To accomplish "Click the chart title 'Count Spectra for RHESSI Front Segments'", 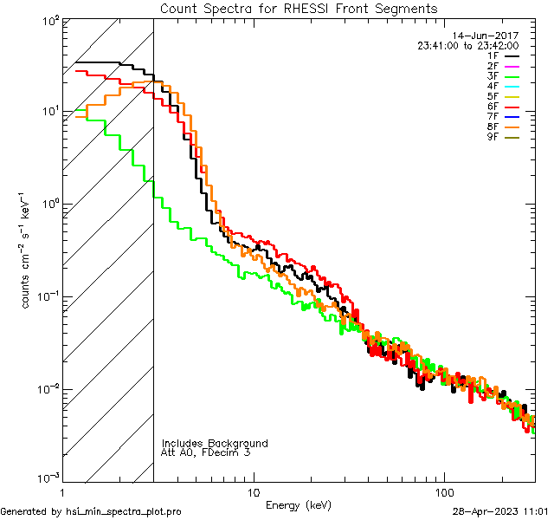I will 299,8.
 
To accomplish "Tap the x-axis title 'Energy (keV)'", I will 299,504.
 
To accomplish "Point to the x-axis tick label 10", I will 253,491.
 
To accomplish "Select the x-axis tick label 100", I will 444,491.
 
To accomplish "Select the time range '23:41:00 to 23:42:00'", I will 467,46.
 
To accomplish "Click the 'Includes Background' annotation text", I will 215,443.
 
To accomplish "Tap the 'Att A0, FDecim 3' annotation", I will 206,452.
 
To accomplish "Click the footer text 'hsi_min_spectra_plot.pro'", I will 124,512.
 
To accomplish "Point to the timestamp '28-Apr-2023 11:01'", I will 499,512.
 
